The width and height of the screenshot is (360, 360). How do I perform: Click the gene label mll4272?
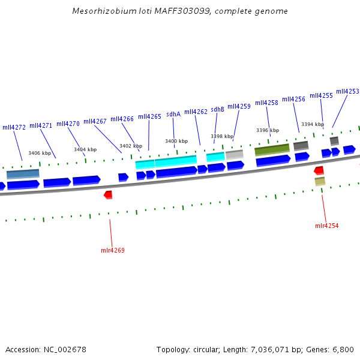click(x=14, y=127)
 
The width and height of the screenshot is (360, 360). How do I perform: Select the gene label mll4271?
click(x=41, y=125)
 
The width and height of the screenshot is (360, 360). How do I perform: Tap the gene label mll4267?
click(x=95, y=121)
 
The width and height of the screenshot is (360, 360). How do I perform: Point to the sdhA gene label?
click(x=173, y=114)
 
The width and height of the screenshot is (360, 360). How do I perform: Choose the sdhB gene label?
click(x=217, y=109)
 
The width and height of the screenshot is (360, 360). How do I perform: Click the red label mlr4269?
click(x=113, y=250)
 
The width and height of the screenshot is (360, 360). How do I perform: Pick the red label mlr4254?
click(x=327, y=226)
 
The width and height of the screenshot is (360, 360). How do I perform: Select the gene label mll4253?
click(x=347, y=91)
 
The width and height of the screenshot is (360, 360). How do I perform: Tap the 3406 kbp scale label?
click(x=40, y=153)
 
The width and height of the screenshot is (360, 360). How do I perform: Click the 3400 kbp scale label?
click(x=176, y=141)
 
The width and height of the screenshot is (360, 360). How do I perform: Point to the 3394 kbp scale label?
click(x=312, y=124)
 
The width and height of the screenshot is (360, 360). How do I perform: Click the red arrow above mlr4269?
click(x=108, y=194)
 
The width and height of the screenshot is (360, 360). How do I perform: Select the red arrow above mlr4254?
click(x=319, y=170)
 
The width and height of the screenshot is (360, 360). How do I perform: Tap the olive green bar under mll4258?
click(x=272, y=149)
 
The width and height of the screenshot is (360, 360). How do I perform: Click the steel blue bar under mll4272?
click(x=23, y=173)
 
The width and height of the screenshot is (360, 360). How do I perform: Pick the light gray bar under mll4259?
click(x=234, y=154)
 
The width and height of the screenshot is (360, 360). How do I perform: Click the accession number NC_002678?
click(x=66, y=349)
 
